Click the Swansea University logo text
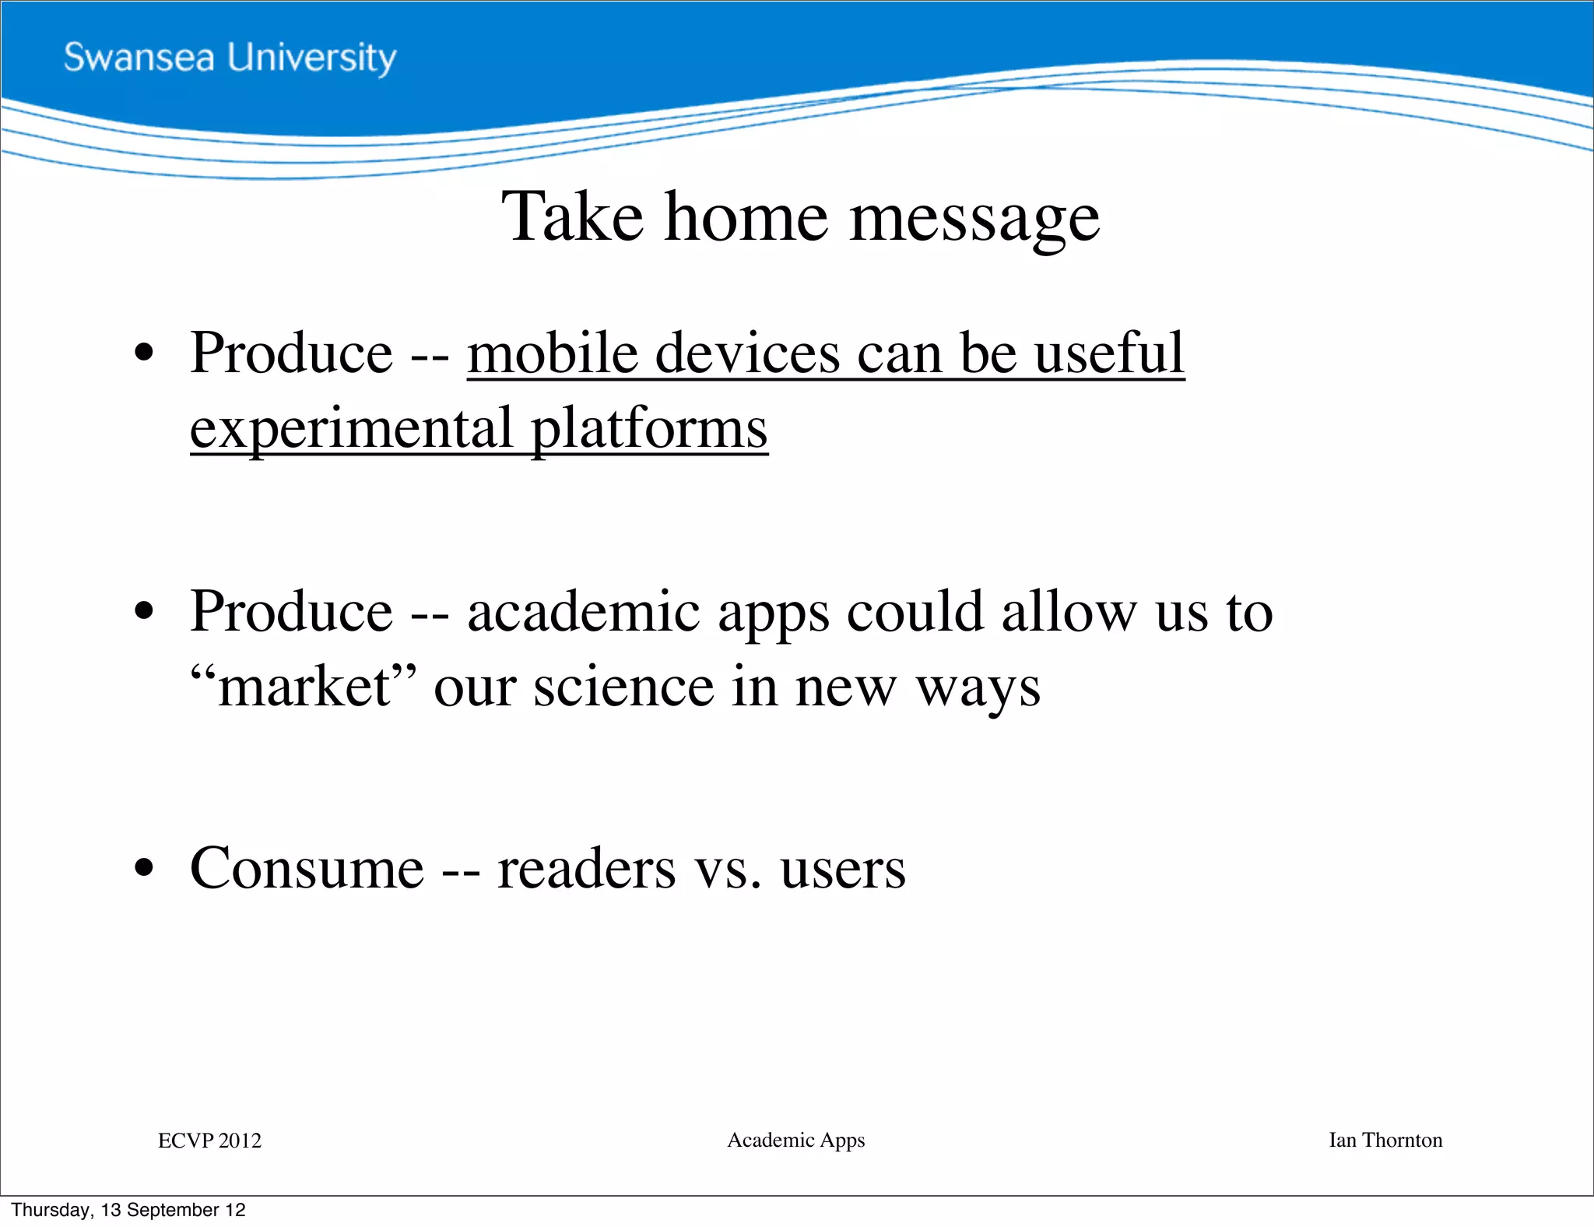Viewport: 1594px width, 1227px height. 230,58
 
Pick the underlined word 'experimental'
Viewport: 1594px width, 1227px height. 352,429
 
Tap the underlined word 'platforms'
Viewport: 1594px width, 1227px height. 650,429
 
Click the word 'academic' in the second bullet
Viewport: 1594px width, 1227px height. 584,611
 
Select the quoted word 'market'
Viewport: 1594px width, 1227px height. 304,687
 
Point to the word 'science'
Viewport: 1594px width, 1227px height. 623,687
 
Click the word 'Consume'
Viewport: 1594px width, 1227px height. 307,868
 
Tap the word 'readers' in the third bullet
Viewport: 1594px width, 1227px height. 586,868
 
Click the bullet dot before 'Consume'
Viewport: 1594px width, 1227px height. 144,868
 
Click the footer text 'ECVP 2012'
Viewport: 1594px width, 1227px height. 209,1141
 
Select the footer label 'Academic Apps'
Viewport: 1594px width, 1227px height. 795,1140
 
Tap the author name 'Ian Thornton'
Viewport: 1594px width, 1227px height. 1385,1140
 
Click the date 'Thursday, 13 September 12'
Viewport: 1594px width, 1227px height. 128,1210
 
